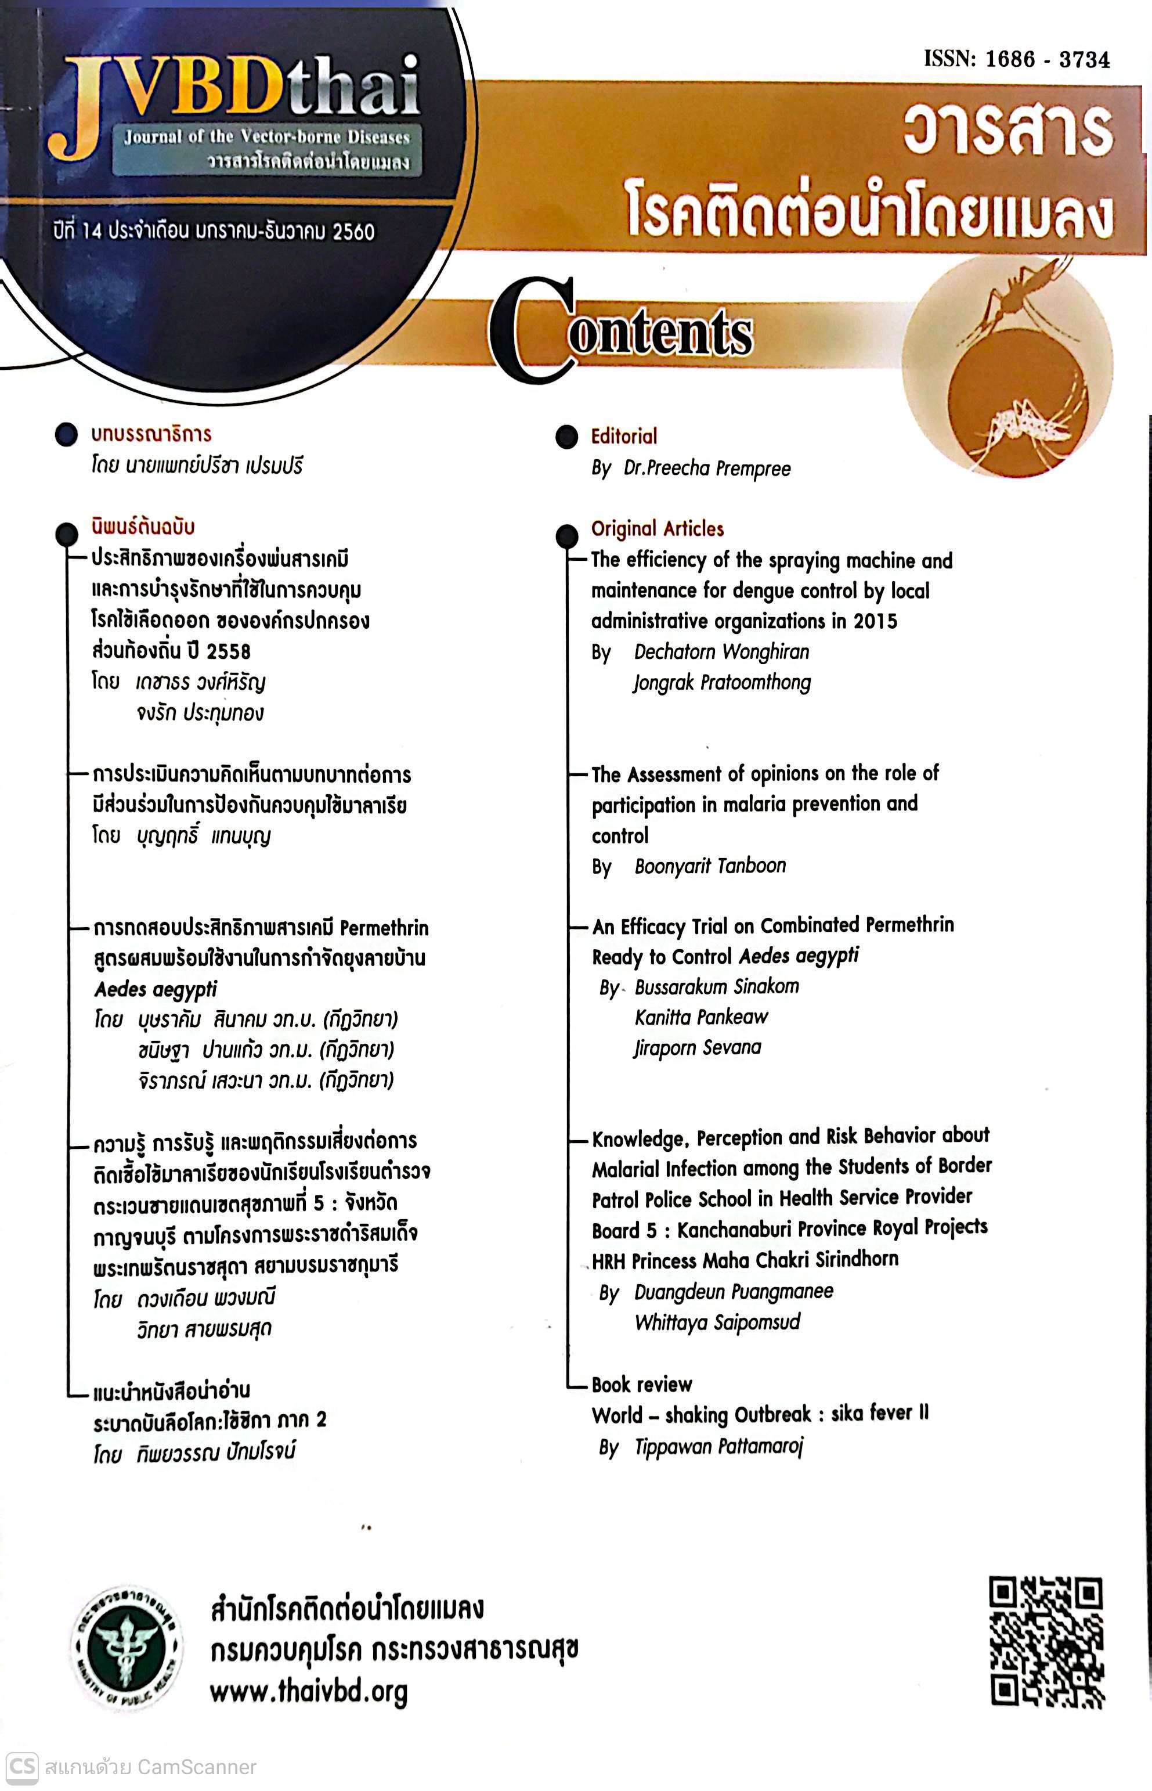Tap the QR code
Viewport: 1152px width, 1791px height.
pyautogui.click(x=1046, y=1642)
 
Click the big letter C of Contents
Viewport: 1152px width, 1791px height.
pyautogui.click(x=531, y=329)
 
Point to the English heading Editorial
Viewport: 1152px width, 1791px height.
pyautogui.click(x=624, y=436)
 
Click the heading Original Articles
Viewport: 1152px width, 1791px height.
pyautogui.click(x=658, y=529)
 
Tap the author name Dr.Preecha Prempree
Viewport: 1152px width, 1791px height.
pyautogui.click(x=707, y=469)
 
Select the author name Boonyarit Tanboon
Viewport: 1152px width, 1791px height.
pyautogui.click(x=710, y=866)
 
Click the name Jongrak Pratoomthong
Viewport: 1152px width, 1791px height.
pyautogui.click(x=722, y=682)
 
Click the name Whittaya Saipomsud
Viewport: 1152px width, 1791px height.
pyautogui.click(x=717, y=1322)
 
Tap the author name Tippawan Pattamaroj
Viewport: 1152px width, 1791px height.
pyautogui.click(x=718, y=1447)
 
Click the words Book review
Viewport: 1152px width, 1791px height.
pyautogui.click(x=641, y=1385)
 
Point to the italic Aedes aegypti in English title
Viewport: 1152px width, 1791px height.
pyautogui.click(x=799, y=956)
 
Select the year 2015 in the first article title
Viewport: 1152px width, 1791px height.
pyautogui.click(x=875, y=621)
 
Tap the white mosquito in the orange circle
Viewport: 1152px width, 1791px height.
pyautogui.click(x=1025, y=427)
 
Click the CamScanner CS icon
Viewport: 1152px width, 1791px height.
pyautogui.click(x=21, y=1767)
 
